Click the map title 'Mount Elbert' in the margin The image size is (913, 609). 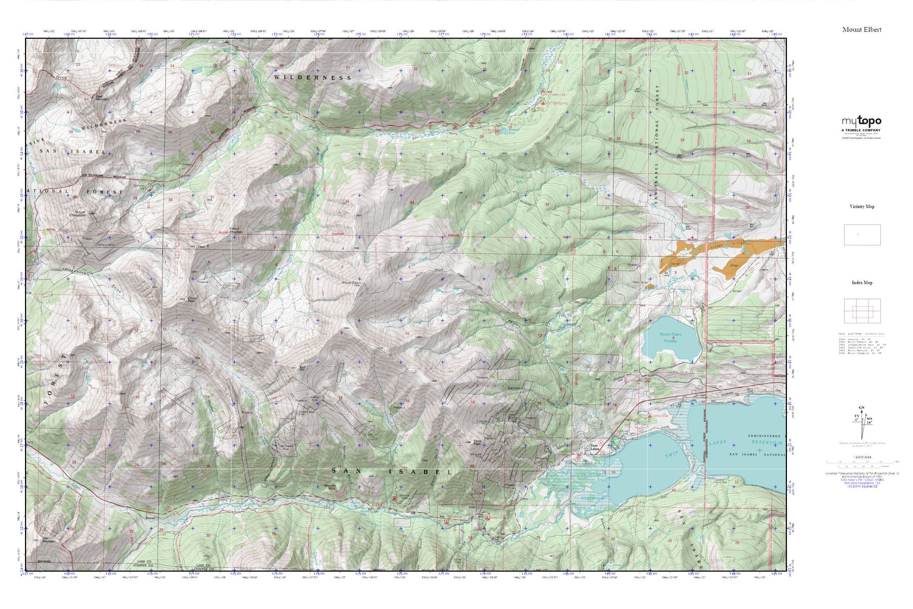[861, 29]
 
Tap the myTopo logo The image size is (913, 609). [861, 121]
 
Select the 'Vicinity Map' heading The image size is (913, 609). [861, 206]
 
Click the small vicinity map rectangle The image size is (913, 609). [862, 234]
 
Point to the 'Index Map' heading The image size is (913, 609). [861, 283]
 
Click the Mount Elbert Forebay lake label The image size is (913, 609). [670, 338]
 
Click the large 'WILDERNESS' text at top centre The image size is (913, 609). [312, 77]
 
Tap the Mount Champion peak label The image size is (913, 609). [77, 214]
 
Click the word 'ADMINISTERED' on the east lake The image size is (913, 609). [763, 436]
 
